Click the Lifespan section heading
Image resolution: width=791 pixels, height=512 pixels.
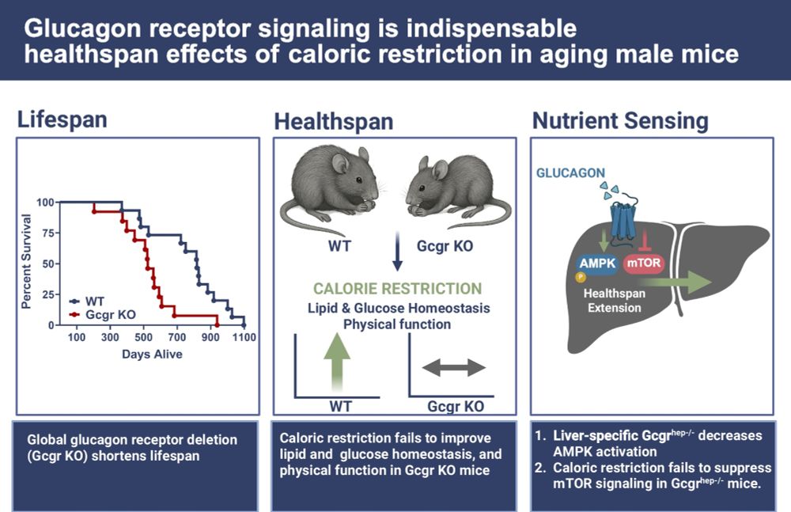pyautogui.click(x=62, y=120)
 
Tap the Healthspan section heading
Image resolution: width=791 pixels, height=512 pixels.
pyautogui.click(x=334, y=122)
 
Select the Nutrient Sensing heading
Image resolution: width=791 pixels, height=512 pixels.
pyautogui.click(x=620, y=120)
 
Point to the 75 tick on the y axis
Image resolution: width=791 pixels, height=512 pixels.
pyautogui.click(x=49, y=233)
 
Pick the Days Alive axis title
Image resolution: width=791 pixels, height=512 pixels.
pyautogui.click(x=153, y=355)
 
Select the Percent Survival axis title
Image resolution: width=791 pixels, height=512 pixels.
pyautogui.click(x=26, y=260)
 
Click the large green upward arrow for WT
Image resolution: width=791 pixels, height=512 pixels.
pyautogui.click(x=338, y=360)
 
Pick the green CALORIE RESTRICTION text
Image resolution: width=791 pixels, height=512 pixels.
pyautogui.click(x=396, y=289)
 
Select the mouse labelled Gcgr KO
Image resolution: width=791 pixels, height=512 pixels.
pyautogui.click(x=453, y=190)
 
